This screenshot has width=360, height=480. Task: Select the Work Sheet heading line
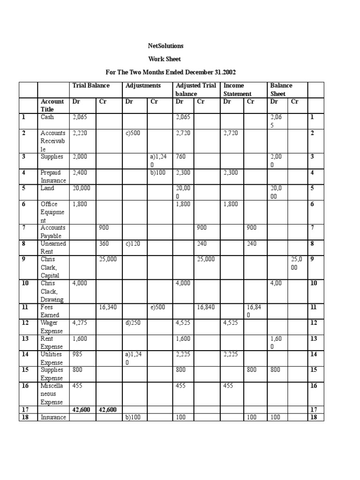pyautogui.click(x=164, y=59)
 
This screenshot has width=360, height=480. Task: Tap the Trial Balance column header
pyautogui.click(x=91, y=85)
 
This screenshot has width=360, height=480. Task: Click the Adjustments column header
pyautogui.click(x=143, y=85)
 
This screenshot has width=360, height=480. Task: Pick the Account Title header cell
pyautogui.click(x=52, y=105)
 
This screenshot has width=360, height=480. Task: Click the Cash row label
pyautogui.click(x=47, y=117)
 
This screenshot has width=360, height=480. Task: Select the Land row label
pyautogui.click(x=47, y=188)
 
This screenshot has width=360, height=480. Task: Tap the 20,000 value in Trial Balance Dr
pyautogui.click(x=81, y=188)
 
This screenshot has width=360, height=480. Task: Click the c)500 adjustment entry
pyautogui.click(x=133, y=133)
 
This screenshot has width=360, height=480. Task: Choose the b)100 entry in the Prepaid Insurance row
pyautogui.click(x=159, y=172)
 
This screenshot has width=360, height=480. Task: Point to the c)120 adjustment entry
pyautogui.click(x=133, y=244)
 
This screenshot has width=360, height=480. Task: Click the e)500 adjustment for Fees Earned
pyautogui.click(x=159, y=307)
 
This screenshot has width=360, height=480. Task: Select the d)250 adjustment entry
pyautogui.click(x=134, y=322)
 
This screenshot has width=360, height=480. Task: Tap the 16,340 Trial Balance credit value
pyautogui.click(x=108, y=307)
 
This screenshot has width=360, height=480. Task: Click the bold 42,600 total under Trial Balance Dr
pyautogui.click(x=81, y=410)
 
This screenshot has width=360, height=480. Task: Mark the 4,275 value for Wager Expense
pyautogui.click(x=80, y=322)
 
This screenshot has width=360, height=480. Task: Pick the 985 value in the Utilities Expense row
pyautogui.click(x=77, y=354)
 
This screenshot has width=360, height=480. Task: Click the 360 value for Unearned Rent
pyautogui.click(x=104, y=244)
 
